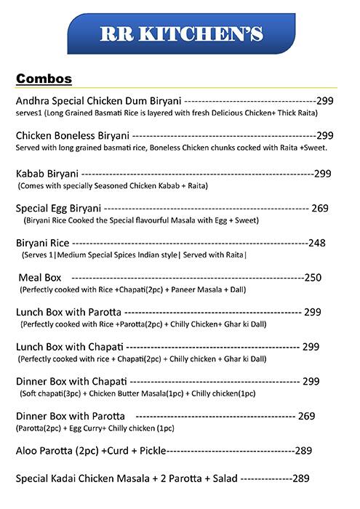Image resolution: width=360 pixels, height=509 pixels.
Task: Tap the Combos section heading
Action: coord(48,78)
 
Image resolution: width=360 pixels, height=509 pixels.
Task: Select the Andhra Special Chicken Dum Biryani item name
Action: coord(99,102)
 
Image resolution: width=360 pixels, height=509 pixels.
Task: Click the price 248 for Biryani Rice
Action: coord(318,243)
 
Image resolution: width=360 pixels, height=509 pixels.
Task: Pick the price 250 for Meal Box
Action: coord(313,278)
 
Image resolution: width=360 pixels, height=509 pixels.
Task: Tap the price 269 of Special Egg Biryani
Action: coord(320,208)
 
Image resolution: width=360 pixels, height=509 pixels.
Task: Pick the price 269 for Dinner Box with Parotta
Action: coord(306,416)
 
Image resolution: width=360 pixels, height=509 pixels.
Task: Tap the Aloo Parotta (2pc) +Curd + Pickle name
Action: coord(90,451)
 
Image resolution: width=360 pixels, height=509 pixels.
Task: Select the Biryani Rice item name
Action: coord(42,243)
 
